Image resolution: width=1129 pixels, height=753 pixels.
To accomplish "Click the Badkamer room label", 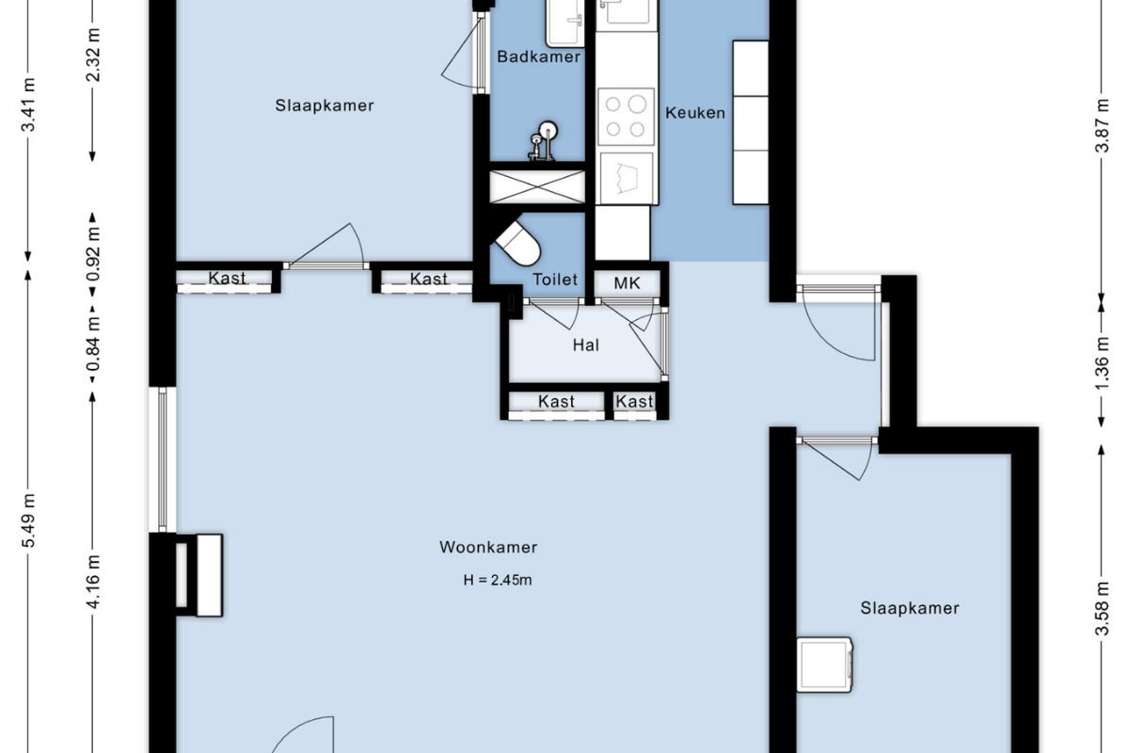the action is [538, 56].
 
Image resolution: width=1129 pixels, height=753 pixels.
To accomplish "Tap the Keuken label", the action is [695, 112].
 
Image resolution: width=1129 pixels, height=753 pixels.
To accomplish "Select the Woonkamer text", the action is [488, 547].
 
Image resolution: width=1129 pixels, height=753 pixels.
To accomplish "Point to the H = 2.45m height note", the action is [498, 580].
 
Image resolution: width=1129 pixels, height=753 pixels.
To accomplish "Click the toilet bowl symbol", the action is [518, 244].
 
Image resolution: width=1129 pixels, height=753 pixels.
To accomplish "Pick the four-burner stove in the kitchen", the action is [626, 117].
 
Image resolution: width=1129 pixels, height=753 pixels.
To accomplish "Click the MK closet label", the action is [627, 283].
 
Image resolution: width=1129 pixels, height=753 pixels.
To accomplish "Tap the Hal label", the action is [585, 345].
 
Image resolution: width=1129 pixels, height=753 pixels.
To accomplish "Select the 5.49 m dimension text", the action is [29, 521].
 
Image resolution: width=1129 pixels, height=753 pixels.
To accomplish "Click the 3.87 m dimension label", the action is [1104, 125].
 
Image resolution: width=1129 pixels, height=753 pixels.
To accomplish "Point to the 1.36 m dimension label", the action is [1104, 363].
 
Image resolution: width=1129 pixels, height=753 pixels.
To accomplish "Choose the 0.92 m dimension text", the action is [94, 255].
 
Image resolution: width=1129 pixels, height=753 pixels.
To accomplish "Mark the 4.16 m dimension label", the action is [94, 582].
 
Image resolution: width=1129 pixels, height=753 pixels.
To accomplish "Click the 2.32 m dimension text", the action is [94, 56].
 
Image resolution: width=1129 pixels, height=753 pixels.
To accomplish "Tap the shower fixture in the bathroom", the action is [543, 141].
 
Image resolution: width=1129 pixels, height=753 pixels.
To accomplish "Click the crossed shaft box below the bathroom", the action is [537, 186].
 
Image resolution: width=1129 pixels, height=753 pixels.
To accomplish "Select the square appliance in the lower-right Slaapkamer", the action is [824, 665].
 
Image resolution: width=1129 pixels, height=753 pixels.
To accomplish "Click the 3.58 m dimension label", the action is [1104, 609].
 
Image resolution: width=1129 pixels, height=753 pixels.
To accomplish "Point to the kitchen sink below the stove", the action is [626, 178].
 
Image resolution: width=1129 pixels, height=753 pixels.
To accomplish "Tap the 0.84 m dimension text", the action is [94, 344].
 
